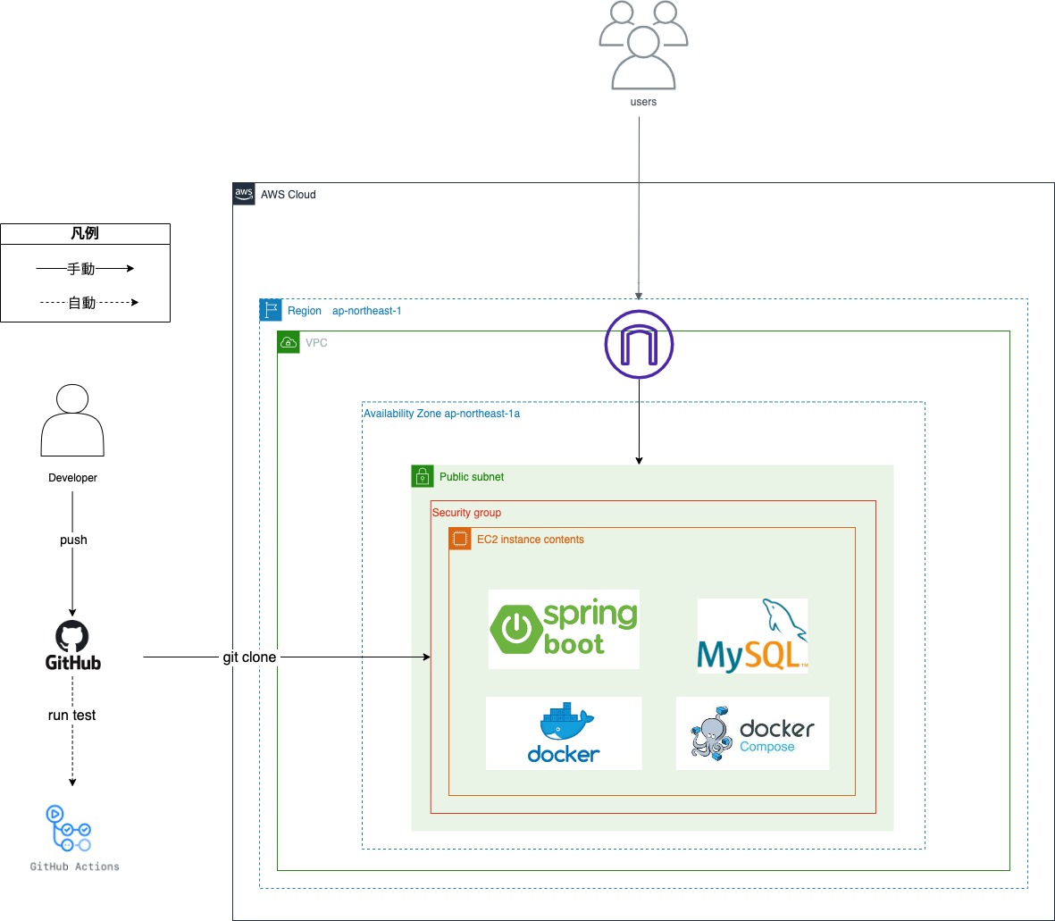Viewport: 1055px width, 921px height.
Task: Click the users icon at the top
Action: tap(642, 46)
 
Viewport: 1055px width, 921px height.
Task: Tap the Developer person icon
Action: tap(72, 421)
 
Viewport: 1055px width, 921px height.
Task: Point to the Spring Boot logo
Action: tap(564, 629)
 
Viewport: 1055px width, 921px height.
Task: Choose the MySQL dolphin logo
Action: tap(752, 636)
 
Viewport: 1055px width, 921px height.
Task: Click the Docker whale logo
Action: tap(564, 733)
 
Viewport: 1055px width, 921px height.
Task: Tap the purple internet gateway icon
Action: tap(639, 345)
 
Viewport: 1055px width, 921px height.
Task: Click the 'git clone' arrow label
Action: tap(249, 657)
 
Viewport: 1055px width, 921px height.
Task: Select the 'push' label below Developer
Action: tap(73, 540)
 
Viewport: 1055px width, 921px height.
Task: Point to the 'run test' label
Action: tap(71, 716)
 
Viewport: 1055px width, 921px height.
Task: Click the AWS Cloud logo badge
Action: tap(244, 194)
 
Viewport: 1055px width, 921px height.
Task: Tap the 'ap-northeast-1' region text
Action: tap(366, 311)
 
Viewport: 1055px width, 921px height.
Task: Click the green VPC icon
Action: tap(289, 342)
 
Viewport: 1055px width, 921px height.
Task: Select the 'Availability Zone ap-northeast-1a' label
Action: tap(441, 414)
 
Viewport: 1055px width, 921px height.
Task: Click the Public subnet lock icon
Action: tap(423, 476)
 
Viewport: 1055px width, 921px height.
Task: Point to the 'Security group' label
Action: tap(466, 513)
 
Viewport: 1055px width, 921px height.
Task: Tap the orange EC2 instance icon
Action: tap(460, 539)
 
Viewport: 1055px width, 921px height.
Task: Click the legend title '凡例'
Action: tap(85, 234)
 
